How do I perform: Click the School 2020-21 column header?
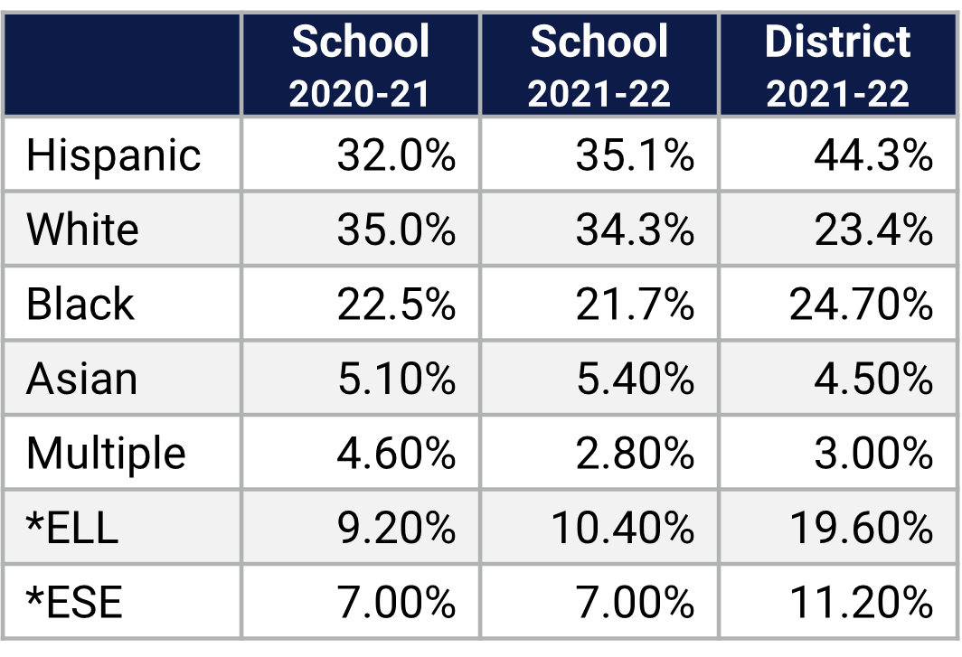pyautogui.click(x=360, y=66)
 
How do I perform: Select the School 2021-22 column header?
pyautogui.click(x=599, y=66)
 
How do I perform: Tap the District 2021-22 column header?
pyautogui.click(x=838, y=66)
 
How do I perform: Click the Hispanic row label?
pyautogui.click(x=113, y=155)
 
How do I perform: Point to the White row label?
pyautogui.click(x=82, y=230)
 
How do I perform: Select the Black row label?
pyautogui.click(x=80, y=304)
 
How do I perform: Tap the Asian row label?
pyautogui.click(x=81, y=379)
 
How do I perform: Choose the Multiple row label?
pyautogui.click(x=106, y=453)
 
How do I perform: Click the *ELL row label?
pyautogui.click(x=72, y=528)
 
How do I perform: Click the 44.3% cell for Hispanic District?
pyautogui.click(x=872, y=155)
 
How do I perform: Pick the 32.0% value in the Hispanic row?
pyautogui.click(x=396, y=155)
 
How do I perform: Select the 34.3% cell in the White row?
pyautogui.click(x=635, y=230)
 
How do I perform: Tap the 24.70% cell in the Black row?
pyautogui.click(x=861, y=305)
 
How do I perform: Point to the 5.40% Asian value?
pyautogui.click(x=635, y=380)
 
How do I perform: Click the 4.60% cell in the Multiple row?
pyautogui.click(x=396, y=454)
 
